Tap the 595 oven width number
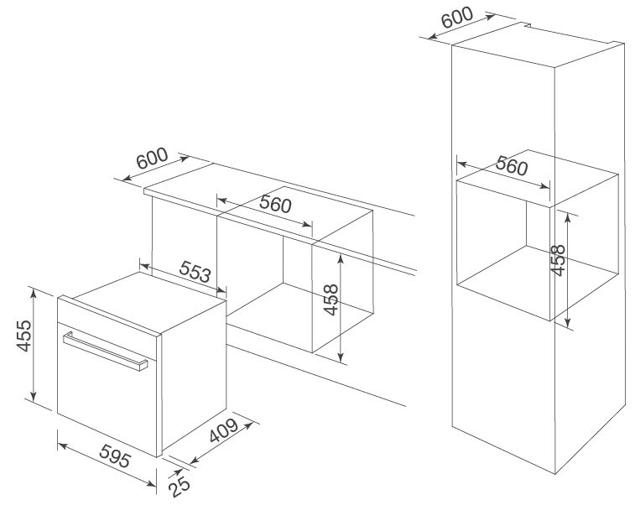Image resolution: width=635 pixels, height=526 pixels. (110, 460)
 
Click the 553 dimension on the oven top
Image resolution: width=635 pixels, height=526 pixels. (195, 272)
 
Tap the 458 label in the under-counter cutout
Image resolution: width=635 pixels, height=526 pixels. (331, 300)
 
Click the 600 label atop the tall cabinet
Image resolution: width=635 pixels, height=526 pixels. (456, 18)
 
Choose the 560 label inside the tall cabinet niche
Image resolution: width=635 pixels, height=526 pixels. (511, 165)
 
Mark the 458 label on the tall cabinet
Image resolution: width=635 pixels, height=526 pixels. (558, 260)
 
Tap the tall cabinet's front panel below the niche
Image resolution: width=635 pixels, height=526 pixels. (503, 378)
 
